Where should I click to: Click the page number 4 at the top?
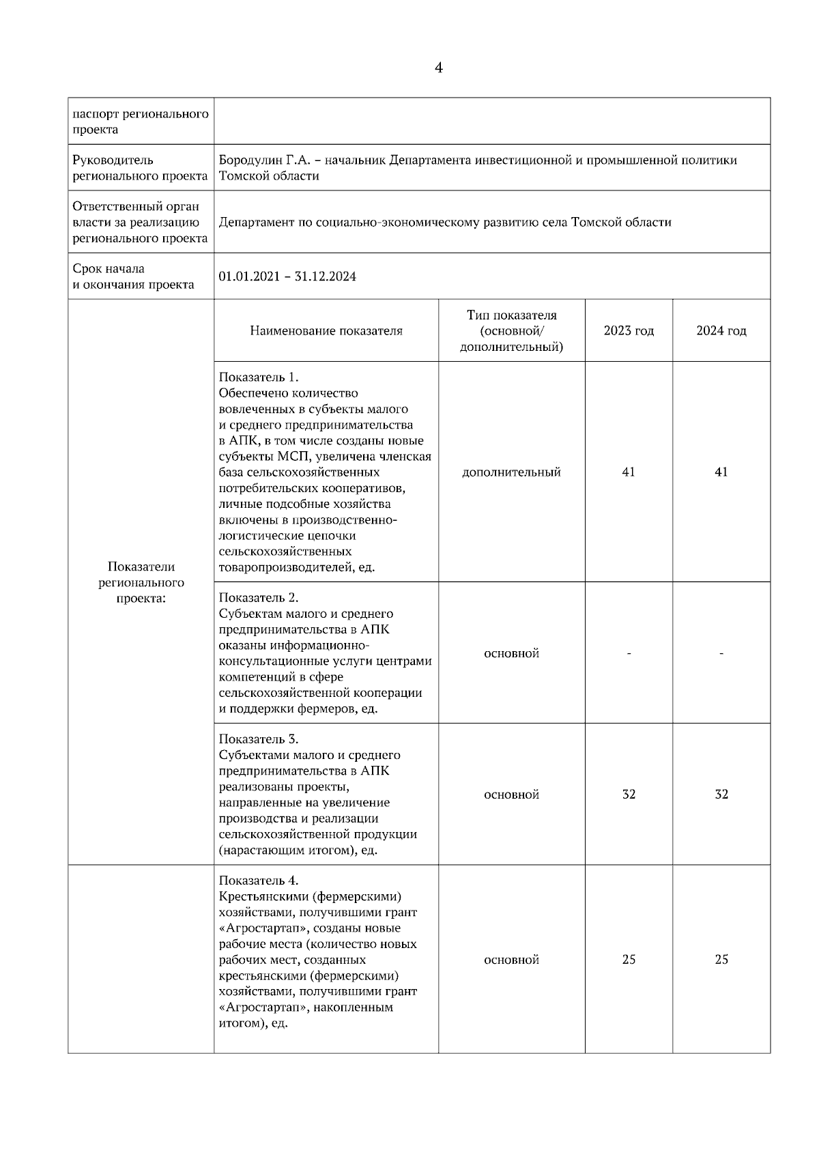[438, 68]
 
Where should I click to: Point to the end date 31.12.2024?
[326, 276]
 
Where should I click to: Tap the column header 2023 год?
[629, 331]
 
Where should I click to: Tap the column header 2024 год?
[721, 331]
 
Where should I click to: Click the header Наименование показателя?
[326, 331]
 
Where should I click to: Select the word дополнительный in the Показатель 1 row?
[511, 472]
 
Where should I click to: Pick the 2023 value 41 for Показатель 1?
[629, 472]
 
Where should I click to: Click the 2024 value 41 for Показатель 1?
[721, 472]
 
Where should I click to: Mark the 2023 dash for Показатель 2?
[629, 654]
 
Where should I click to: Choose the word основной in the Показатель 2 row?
[511, 654]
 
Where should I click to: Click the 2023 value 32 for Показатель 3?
[629, 795]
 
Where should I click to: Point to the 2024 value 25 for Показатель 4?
[721, 960]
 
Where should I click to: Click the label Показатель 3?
[259, 739]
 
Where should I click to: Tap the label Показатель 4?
[259, 881]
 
